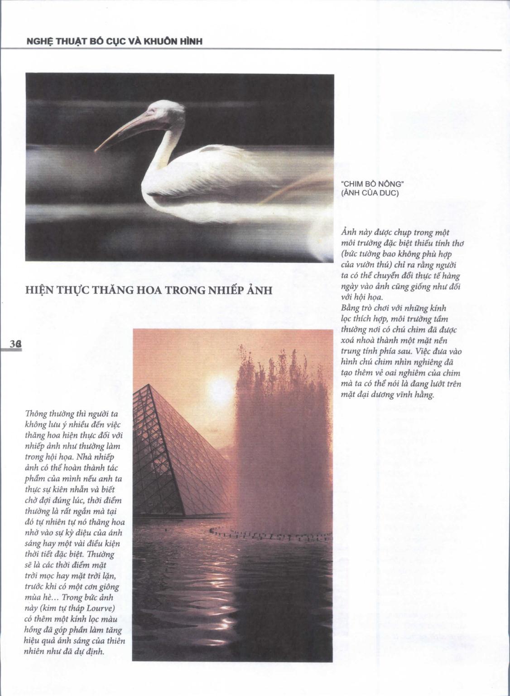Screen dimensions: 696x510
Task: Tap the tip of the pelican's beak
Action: (x=96, y=151)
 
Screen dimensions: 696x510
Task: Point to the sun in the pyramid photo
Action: (x=221, y=389)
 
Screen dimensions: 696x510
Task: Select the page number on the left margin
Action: (x=16, y=344)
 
